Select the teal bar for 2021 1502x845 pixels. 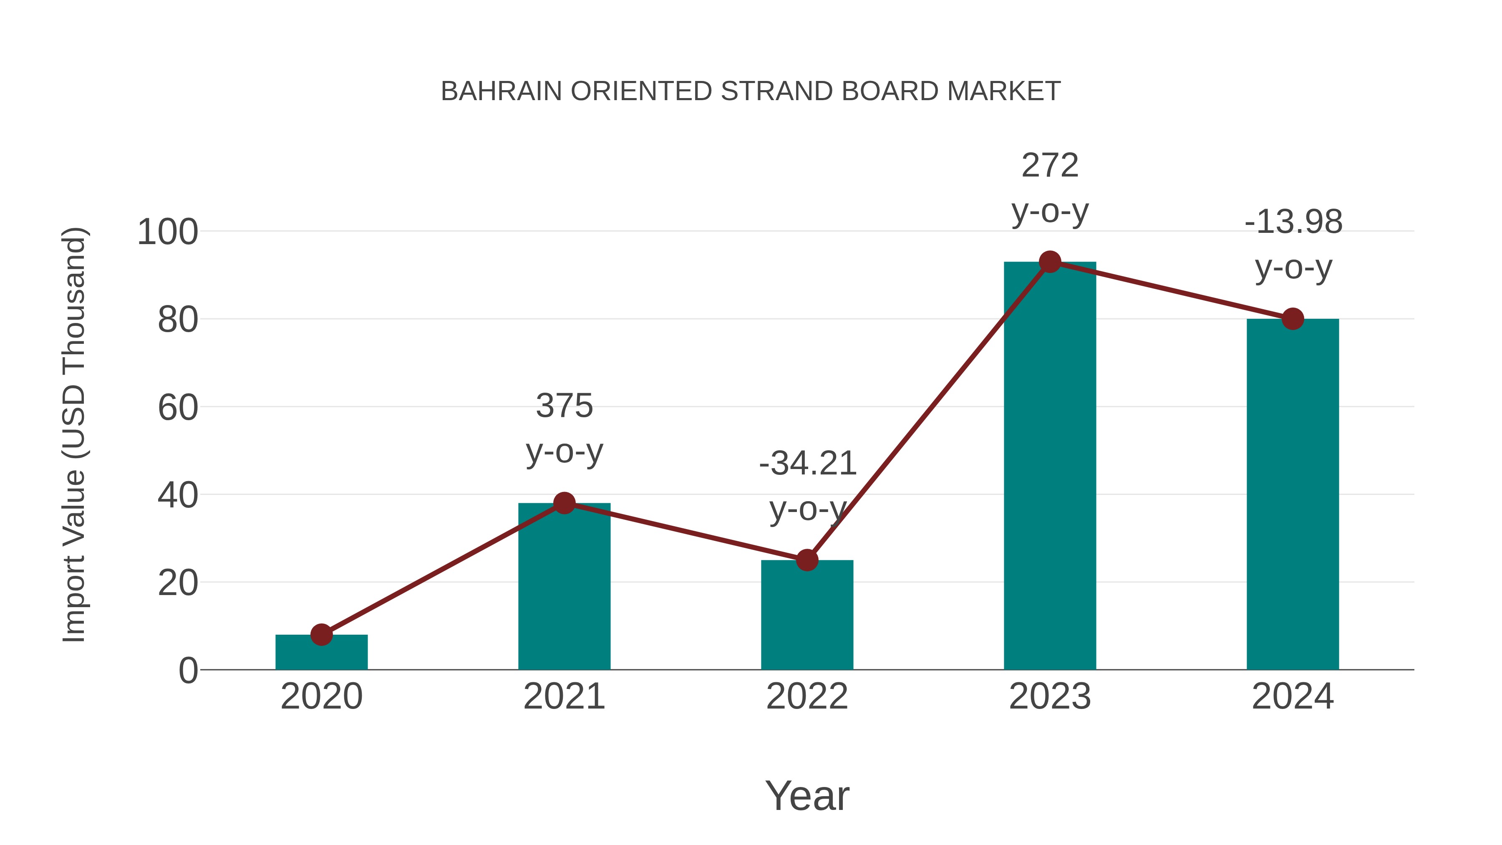(564, 589)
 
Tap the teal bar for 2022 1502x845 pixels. (807, 618)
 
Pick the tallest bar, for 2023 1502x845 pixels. (1050, 467)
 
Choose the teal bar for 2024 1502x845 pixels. (1293, 496)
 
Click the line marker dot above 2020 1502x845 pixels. (321, 634)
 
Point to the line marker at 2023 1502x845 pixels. (1050, 262)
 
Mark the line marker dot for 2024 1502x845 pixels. (1293, 319)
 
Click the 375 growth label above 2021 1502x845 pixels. (564, 406)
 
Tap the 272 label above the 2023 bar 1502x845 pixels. (1050, 166)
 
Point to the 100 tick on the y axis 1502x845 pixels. (167, 232)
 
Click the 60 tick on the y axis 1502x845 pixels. (177, 408)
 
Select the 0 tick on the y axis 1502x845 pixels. (188, 671)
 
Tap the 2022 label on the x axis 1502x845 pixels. (807, 696)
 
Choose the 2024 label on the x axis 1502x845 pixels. (1293, 696)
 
